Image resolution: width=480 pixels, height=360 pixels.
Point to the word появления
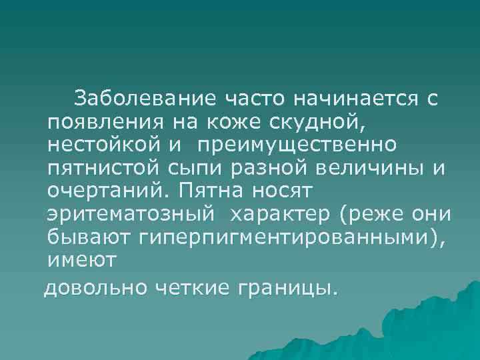coord(94,122)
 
